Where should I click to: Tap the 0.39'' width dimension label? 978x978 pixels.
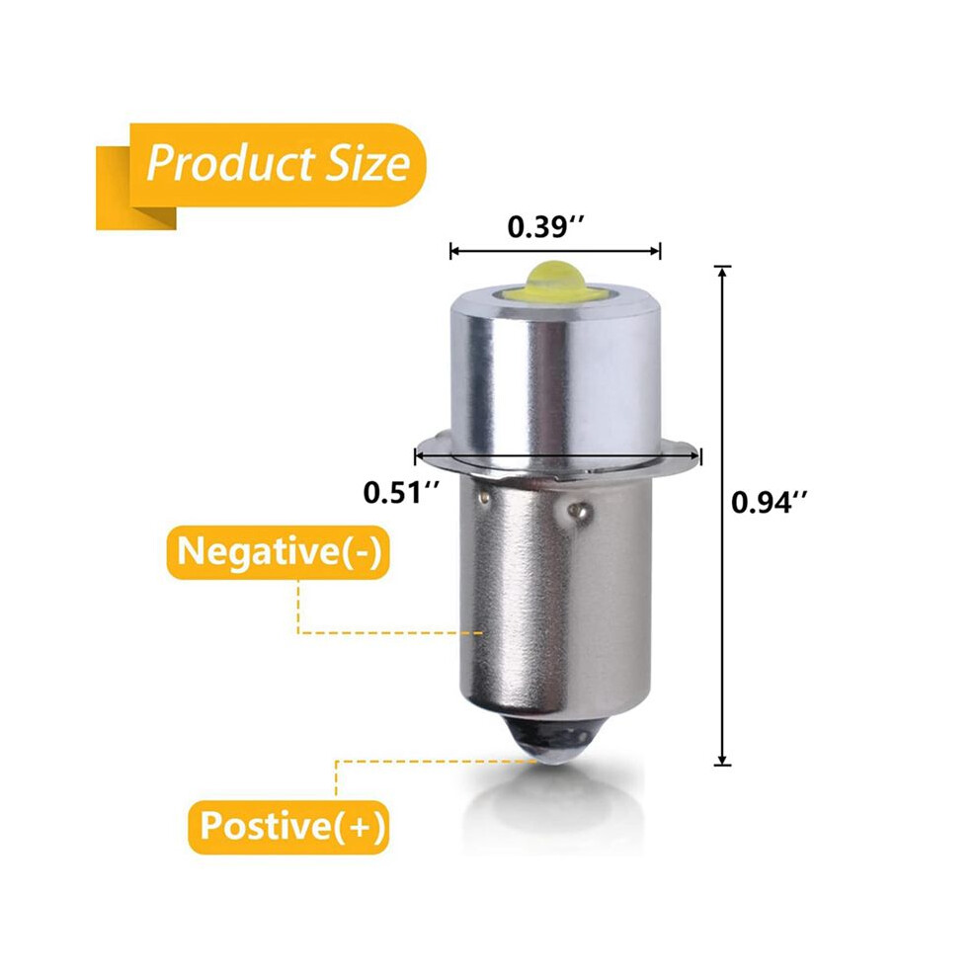(545, 226)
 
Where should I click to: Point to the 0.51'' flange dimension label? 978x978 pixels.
(402, 493)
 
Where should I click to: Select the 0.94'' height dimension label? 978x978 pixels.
(770, 502)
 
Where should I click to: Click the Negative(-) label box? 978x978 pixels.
(278, 552)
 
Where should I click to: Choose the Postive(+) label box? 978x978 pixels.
(288, 827)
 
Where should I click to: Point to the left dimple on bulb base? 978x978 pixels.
(483, 497)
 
